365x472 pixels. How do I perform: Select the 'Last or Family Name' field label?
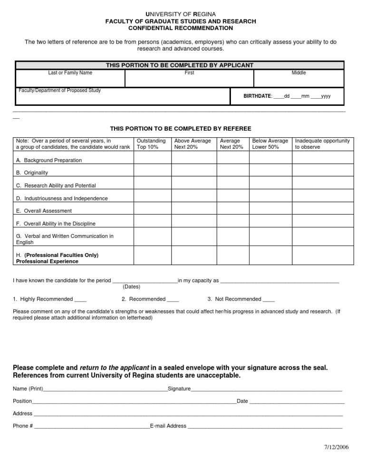click(70, 73)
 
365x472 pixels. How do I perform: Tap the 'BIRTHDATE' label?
click(258, 96)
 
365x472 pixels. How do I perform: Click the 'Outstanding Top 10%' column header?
click(151, 144)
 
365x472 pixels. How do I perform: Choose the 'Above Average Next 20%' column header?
click(192, 144)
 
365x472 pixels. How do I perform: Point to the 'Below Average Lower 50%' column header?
click(269, 144)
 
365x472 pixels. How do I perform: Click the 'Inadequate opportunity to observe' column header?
click(322, 144)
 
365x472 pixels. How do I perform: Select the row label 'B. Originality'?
click(32, 173)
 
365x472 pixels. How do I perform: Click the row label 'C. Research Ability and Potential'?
click(56, 186)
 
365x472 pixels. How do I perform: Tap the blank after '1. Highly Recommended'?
click(80, 300)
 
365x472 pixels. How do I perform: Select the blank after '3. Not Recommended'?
click(269, 300)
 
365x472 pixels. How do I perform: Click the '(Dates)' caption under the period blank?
click(131, 287)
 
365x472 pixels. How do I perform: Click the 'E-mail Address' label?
click(168, 426)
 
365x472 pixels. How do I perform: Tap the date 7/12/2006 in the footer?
click(336, 447)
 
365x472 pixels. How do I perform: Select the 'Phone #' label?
click(23, 426)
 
